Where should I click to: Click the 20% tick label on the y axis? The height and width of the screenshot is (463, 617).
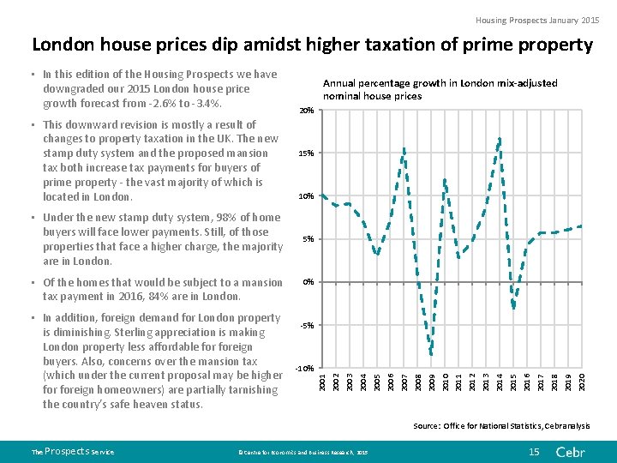(306, 111)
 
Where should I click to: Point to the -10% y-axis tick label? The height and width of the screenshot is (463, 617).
(303, 368)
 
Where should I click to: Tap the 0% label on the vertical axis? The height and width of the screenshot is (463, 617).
(308, 282)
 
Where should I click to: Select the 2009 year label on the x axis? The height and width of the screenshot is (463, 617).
(431, 381)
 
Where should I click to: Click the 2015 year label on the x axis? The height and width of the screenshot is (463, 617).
(513, 381)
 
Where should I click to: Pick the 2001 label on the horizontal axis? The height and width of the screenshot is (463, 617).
(321, 381)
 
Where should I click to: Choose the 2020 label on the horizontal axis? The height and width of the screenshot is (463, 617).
(582, 381)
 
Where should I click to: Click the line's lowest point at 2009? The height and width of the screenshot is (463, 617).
(431, 354)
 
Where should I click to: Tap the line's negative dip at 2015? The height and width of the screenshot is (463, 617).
(513, 306)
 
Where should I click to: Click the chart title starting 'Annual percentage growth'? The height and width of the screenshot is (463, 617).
(439, 89)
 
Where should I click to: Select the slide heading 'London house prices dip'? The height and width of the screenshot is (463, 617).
(312, 45)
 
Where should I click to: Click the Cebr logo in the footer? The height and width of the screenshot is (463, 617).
(570, 451)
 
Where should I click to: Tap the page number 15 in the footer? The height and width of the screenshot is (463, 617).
(534, 451)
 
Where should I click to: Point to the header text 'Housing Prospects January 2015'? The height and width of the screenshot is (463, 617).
(537, 20)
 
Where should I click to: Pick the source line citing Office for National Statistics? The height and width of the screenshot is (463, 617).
(501, 425)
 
